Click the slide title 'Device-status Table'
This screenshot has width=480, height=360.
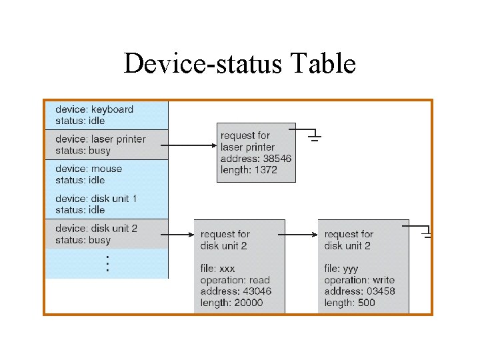[x=239, y=65]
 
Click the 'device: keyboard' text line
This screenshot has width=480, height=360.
[x=94, y=109]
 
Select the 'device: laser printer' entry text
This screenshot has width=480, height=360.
[x=100, y=139]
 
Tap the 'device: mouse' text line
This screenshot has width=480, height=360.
[x=89, y=169]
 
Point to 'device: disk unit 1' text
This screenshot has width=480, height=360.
[x=96, y=199]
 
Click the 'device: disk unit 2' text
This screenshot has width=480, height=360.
[x=96, y=229]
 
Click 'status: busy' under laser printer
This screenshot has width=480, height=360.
[x=83, y=151]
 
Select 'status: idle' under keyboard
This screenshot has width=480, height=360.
[x=80, y=121]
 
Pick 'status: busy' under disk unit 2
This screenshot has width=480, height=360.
[x=83, y=240]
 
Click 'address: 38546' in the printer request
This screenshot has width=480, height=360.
[x=255, y=159]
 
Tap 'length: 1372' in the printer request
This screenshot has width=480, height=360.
[x=249, y=170]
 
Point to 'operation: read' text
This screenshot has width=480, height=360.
[x=235, y=280]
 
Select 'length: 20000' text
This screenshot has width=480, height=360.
[x=231, y=303]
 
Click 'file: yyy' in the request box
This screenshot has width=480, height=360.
[x=342, y=269]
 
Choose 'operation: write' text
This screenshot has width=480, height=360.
[x=359, y=280]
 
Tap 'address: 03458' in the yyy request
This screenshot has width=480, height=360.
[x=359, y=291]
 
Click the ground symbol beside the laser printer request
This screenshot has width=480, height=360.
[x=315, y=136]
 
